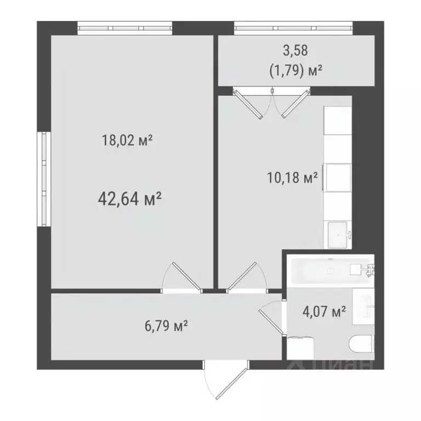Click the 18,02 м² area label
coord(127,140)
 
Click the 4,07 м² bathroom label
coord(324,312)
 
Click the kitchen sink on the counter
coord(338,234)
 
